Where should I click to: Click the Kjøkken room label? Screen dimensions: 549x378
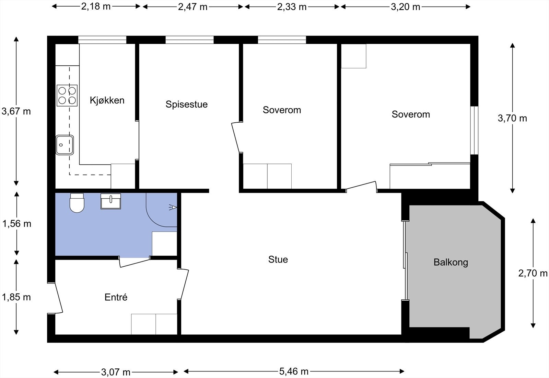tap(107, 100)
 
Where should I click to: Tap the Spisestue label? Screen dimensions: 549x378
tap(187, 104)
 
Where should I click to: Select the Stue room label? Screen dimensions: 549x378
tap(278, 259)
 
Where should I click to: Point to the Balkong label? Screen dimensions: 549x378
tap(451, 263)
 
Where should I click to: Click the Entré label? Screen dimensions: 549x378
tap(116, 297)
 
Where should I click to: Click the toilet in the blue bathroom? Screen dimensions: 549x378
tap(77, 203)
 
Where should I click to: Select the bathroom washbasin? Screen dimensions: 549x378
tap(111, 201)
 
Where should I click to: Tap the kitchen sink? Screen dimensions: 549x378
tap(65, 145)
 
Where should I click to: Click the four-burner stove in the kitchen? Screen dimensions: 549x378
tap(67, 96)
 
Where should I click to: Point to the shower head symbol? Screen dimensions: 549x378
tap(173, 208)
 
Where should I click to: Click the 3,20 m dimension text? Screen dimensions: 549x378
tap(405, 7)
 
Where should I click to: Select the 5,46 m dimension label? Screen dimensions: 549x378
tap(294, 371)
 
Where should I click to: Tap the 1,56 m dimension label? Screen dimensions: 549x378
tap(17, 224)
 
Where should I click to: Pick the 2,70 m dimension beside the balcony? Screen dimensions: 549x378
tap(533, 273)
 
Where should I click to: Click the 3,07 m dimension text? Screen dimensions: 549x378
tap(116, 372)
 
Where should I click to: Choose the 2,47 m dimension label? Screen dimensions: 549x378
tap(192, 7)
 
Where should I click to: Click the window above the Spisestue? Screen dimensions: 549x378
tap(189, 40)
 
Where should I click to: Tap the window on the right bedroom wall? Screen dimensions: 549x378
tap(475, 130)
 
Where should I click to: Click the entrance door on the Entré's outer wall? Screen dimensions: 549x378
tap(55, 298)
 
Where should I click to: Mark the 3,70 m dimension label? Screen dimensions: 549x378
tap(512, 118)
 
